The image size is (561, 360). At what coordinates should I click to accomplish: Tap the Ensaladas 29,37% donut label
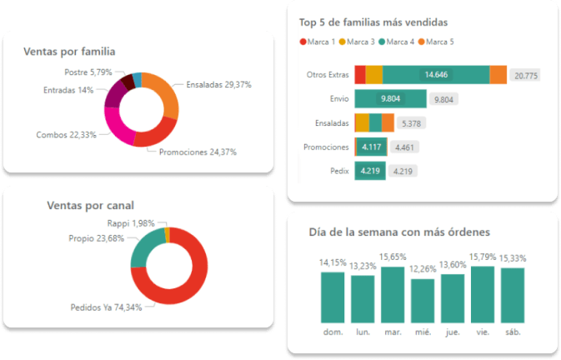(218, 84)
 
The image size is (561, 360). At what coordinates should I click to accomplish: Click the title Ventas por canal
(91, 205)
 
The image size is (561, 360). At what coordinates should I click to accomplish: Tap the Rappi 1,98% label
(131, 223)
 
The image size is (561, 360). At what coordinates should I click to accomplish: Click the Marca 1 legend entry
(317, 42)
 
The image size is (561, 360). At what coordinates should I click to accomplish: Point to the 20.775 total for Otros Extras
(526, 75)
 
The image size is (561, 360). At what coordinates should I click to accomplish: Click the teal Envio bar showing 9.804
(390, 99)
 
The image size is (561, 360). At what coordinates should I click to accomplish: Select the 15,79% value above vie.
(483, 257)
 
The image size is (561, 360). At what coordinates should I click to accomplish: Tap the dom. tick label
(333, 332)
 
